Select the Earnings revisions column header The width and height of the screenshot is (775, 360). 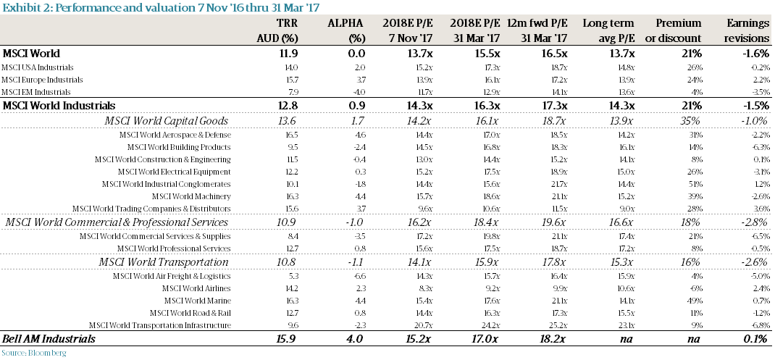(x=747, y=30)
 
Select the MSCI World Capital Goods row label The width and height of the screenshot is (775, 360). (x=167, y=120)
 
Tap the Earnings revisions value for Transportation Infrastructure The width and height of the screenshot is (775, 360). (x=756, y=325)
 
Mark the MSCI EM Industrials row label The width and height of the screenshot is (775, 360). (x=36, y=92)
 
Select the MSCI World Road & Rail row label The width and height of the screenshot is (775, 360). (x=190, y=313)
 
